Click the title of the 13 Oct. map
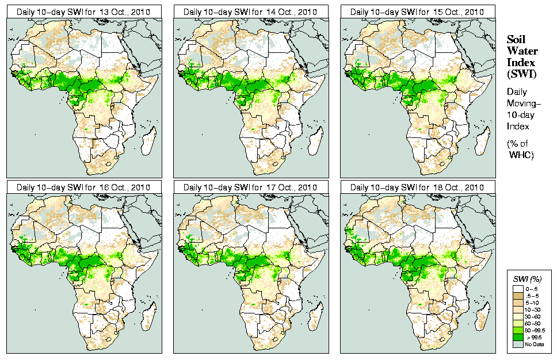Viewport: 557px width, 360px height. click(x=83, y=12)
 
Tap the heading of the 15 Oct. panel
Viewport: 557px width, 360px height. click(x=417, y=12)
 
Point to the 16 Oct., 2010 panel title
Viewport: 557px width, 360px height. click(x=83, y=187)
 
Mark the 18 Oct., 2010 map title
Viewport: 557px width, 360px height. click(x=417, y=187)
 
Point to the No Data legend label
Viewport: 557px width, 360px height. click(x=532, y=344)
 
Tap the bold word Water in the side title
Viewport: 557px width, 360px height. click(x=522, y=51)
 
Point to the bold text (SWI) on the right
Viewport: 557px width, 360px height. click(x=521, y=74)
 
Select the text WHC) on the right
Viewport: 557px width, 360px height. click(x=522, y=155)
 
